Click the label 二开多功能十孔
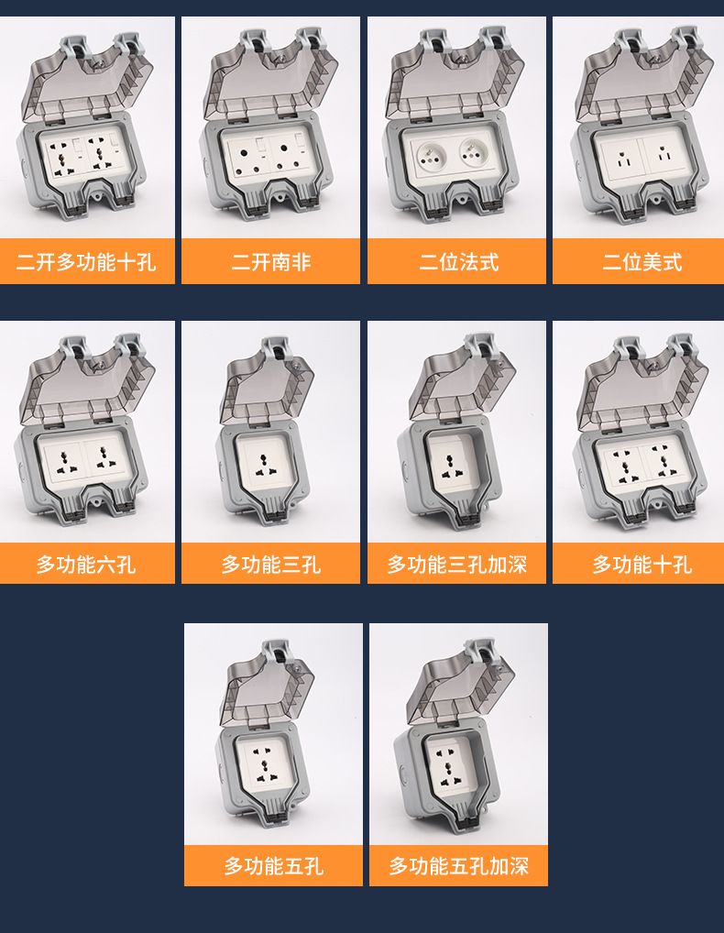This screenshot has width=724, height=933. pos(86,262)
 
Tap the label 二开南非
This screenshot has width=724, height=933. pos(271,262)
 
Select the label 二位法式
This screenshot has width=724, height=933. pos(458,262)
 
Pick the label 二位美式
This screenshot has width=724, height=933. pos(642,262)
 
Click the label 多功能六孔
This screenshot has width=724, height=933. pos(86,564)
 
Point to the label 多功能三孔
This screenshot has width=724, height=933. pos(271,564)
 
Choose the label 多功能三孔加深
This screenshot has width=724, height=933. pos(457,564)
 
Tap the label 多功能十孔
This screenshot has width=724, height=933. pos(642,564)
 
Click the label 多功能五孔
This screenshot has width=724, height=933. pos(274,866)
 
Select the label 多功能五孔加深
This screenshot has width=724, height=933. pos(459,866)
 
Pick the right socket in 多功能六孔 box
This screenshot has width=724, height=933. pos(108,457)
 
